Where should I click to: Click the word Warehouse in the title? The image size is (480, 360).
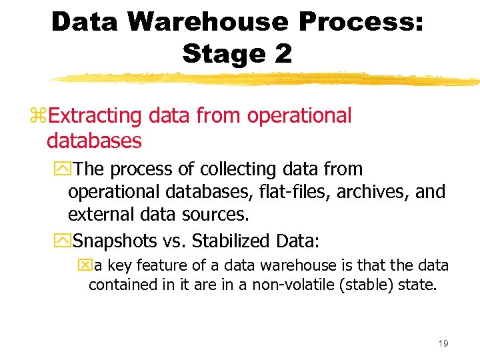(x=209, y=22)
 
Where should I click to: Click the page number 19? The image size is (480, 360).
(x=443, y=343)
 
